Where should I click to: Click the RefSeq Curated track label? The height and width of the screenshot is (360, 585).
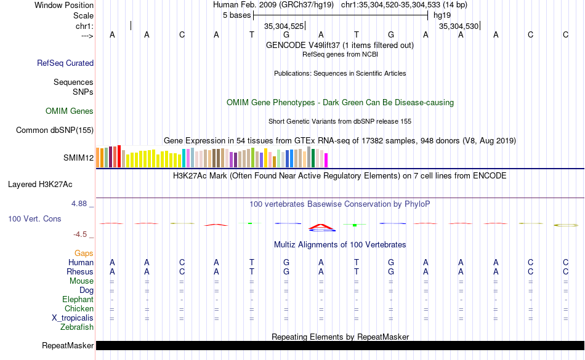point(65,63)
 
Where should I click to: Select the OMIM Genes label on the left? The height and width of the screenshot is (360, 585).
point(70,111)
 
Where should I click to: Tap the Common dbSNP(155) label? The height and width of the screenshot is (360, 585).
point(55,130)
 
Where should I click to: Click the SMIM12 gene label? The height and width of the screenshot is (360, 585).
point(78,158)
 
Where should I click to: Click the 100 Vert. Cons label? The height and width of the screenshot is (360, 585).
point(34,218)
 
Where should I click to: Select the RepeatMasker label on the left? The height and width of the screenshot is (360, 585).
point(68,346)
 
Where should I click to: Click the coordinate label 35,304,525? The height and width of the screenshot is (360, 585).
point(284,26)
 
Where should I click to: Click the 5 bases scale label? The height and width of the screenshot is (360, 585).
point(236,15)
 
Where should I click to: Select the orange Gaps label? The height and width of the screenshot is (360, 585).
point(84,253)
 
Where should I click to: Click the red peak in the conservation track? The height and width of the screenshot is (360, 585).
point(321,226)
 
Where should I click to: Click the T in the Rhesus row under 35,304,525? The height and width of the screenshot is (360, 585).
point(251,272)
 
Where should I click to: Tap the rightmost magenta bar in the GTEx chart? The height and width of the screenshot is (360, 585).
point(326,159)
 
